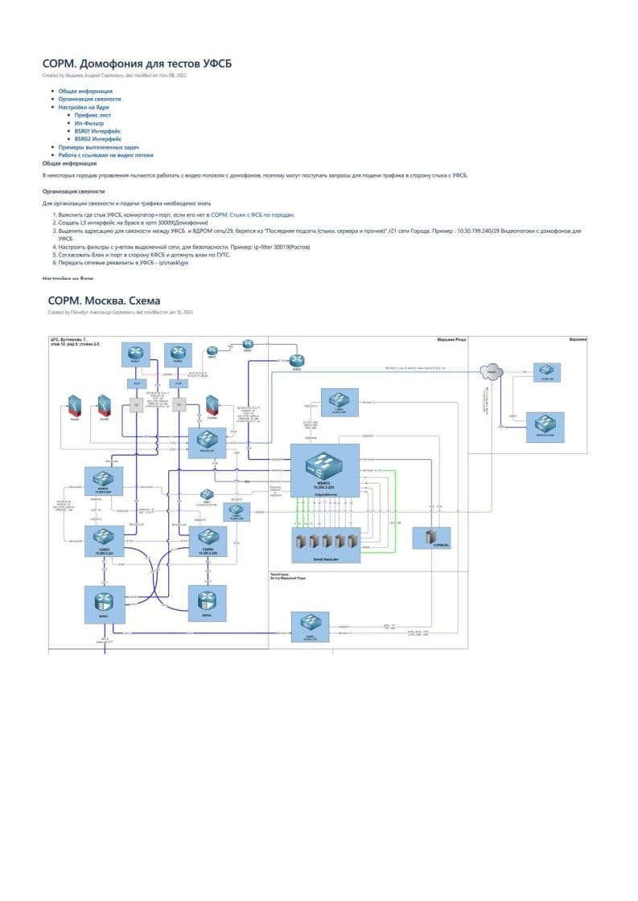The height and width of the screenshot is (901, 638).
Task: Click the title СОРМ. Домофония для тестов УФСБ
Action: click(x=137, y=63)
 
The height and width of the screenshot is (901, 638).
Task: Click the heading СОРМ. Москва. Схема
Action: click(x=104, y=301)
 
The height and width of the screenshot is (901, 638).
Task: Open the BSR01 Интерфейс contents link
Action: click(x=98, y=131)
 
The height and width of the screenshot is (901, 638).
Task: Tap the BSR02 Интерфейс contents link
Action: click(x=98, y=139)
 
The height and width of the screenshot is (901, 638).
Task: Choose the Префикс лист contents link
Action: click(x=93, y=115)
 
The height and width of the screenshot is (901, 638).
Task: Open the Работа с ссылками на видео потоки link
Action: click(x=105, y=155)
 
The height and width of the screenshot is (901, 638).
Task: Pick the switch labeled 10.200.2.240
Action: click(x=208, y=541)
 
